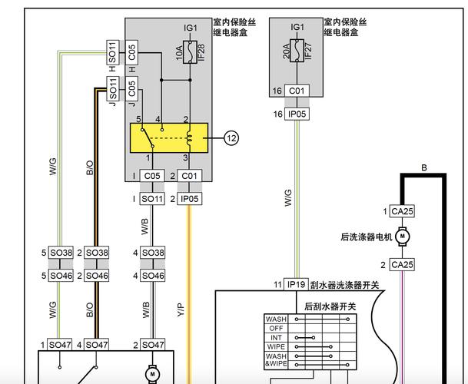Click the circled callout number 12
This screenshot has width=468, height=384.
[232, 138]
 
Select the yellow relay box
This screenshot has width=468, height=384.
[169, 137]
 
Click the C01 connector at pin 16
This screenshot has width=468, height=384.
[297, 91]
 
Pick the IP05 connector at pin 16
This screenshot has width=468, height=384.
[297, 114]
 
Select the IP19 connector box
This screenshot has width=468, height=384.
[297, 284]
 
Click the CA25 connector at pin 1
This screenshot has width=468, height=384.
[402, 211]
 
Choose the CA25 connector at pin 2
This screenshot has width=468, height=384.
[402, 265]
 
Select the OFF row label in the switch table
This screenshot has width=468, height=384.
[275, 328]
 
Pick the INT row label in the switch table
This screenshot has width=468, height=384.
[275, 337]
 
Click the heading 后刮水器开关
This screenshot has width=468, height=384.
[330, 306]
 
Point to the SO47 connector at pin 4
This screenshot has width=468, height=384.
[96, 346]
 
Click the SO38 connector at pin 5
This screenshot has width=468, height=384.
[61, 252]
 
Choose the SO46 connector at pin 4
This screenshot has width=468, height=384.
[153, 275]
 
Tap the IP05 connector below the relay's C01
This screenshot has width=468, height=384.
[189, 199]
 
